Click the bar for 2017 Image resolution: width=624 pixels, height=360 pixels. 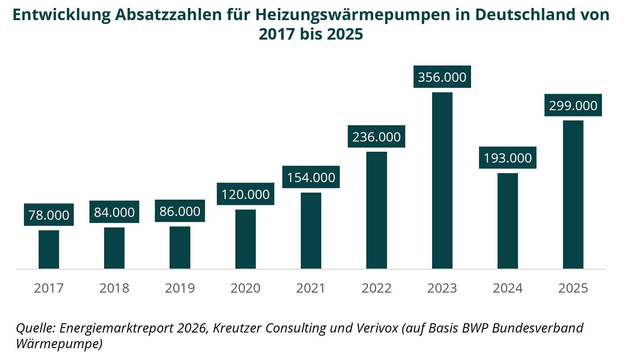(49, 249)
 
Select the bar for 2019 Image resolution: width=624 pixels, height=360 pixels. (180, 248)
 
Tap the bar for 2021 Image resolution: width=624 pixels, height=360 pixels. (311, 231)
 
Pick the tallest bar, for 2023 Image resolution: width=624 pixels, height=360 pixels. (442, 180)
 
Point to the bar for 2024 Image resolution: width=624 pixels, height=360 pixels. (507, 221)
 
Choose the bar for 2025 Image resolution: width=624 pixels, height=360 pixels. (573, 195)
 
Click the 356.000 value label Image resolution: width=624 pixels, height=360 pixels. (442, 77)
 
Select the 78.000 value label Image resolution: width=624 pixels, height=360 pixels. (49, 215)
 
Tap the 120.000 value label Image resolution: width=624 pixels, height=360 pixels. (246, 194)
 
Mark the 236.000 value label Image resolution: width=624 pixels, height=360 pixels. (377, 137)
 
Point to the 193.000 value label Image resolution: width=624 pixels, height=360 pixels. (507, 158)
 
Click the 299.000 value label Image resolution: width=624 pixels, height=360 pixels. (573, 105)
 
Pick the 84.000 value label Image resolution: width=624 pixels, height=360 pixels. (114, 212)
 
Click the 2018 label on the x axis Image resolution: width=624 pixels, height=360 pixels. (114, 288)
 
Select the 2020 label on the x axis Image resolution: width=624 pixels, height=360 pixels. (246, 288)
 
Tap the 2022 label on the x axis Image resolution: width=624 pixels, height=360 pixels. (377, 288)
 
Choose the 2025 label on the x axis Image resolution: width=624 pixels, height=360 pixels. (573, 288)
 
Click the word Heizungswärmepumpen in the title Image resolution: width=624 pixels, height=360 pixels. (353, 15)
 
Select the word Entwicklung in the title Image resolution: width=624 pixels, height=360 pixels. (62, 15)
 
